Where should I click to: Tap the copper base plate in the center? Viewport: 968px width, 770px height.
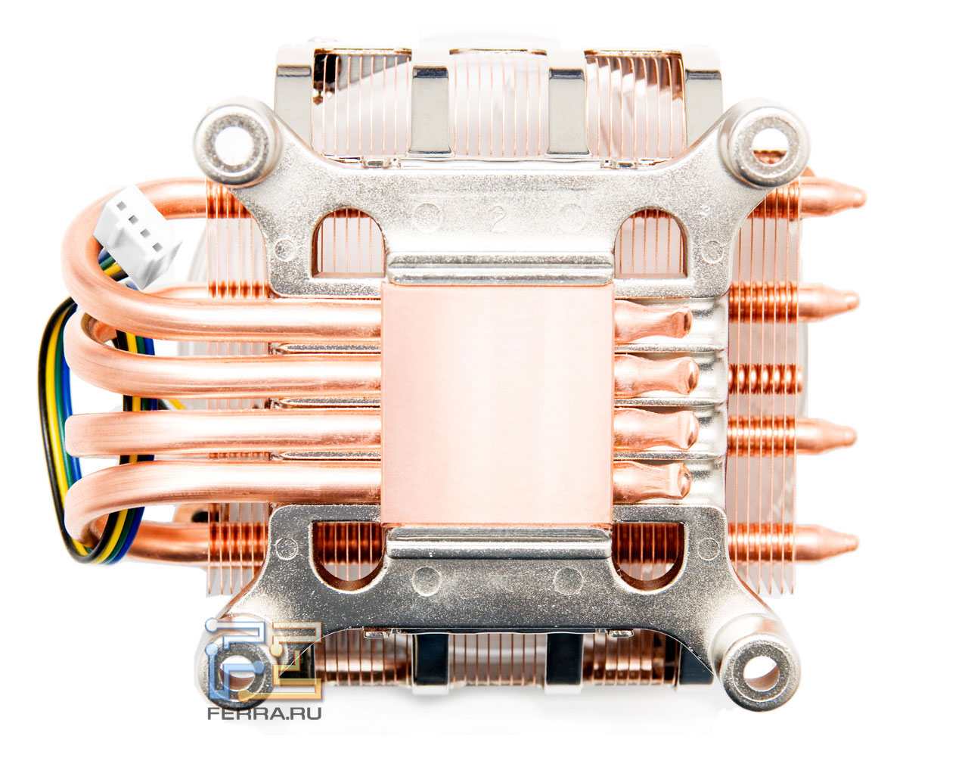click(x=498, y=403)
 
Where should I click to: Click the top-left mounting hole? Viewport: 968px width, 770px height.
click(x=234, y=143)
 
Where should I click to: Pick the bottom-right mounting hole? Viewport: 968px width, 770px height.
click(x=760, y=672)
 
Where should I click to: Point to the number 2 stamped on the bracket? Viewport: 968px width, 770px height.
click(x=498, y=219)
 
